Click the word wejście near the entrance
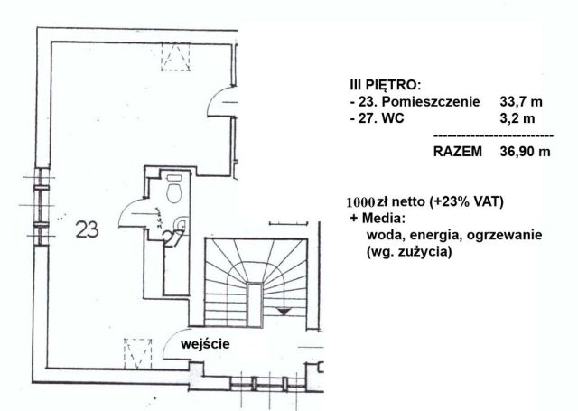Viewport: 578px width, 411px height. (x=205, y=343)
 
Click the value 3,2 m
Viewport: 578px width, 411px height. (x=517, y=118)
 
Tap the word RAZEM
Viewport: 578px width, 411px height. (x=458, y=152)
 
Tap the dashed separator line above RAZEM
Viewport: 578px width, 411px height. (x=493, y=135)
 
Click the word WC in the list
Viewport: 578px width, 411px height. (x=392, y=118)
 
